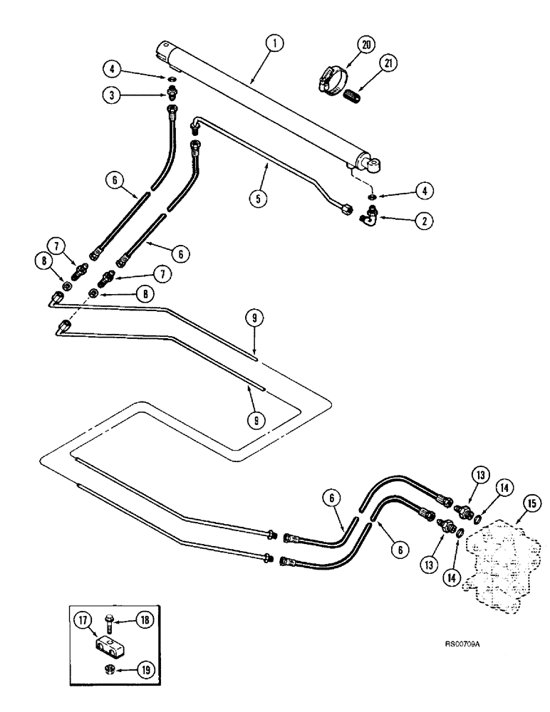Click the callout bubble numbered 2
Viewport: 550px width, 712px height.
(x=422, y=221)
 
